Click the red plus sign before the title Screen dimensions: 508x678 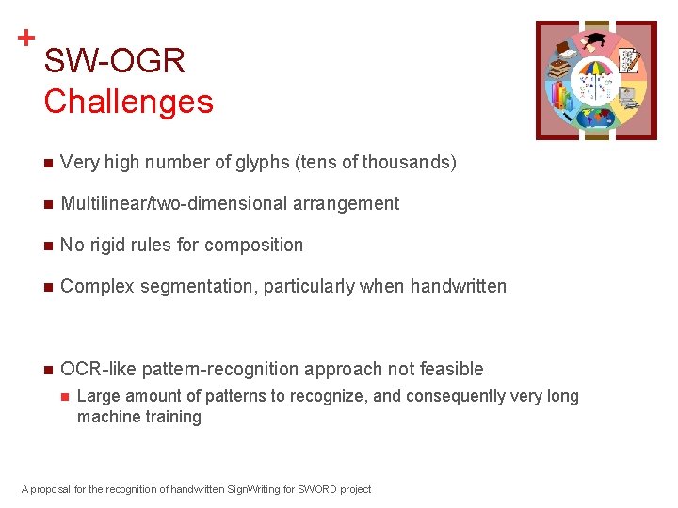[x=26, y=39]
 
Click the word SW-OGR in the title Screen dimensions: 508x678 [x=114, y=62]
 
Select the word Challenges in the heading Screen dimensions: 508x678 [x=128, y=101]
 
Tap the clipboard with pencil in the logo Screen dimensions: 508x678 [x=628, y=60]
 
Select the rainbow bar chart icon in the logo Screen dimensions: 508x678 [x=563, y=97]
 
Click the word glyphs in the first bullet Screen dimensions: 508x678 [x=262, y=163]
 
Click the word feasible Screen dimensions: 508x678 [x=448, y=370]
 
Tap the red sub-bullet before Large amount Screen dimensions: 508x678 [x=65, y=397]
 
